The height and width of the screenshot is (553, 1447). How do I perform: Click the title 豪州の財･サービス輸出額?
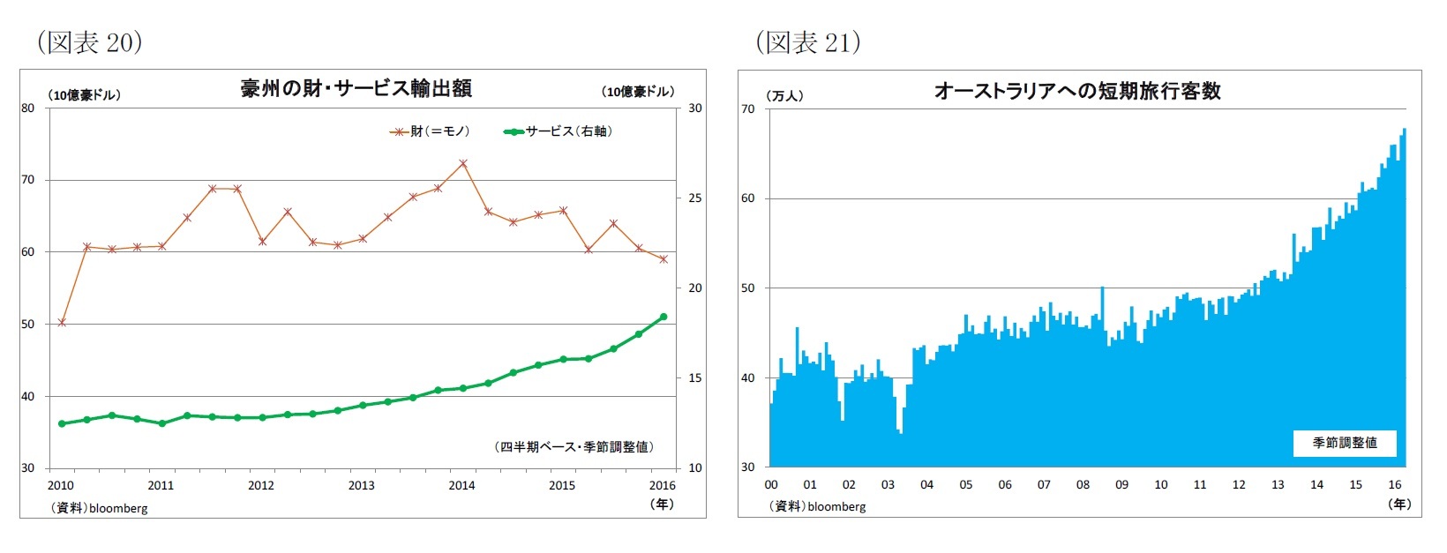pos(356,88)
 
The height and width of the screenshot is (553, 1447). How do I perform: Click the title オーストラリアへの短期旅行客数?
pos(1077,91)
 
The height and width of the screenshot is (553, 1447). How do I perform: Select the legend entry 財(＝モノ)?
pos(431,131)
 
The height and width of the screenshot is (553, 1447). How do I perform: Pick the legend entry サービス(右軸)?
pos(559,131)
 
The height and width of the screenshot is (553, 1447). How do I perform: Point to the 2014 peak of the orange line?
pos(463,163)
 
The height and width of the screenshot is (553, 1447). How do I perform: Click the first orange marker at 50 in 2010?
pos(62,323)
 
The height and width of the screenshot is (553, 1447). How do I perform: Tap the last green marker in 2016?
pos(664,317)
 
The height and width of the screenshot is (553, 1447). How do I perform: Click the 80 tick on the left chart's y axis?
pos(28,108)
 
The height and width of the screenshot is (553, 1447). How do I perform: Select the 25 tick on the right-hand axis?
pos(695,198)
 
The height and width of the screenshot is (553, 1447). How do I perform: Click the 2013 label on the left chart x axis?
pos(361,485)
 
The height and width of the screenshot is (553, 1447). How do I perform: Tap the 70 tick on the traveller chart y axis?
pos(748,108)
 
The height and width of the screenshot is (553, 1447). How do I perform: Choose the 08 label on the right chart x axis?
pos(1083,484)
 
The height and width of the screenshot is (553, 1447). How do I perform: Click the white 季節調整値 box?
pos(1344,443)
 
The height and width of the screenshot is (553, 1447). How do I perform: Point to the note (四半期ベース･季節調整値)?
pos(574,447)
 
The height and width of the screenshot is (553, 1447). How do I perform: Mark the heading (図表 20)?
pos(89,41)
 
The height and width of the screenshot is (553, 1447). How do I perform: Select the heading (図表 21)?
pos(807,41)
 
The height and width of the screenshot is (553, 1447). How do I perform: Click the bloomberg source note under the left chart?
pos(100,508)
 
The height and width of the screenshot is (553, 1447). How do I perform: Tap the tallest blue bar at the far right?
pos(1404,300)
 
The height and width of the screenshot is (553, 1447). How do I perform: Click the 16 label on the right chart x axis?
pos(1395,484)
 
